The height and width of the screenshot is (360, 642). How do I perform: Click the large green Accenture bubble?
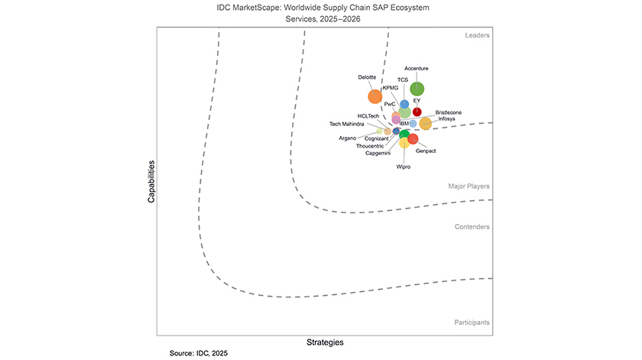[417, 89]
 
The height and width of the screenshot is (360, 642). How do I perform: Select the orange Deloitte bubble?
[375, 96]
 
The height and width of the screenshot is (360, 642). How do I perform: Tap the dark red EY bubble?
[417, 112]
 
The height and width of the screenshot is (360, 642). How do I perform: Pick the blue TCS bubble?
[404, 104]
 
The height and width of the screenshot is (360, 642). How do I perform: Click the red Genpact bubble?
[413, 138]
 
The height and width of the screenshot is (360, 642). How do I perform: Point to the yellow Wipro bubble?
[404, 143]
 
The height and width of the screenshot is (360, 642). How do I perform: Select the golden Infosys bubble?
[425, 124]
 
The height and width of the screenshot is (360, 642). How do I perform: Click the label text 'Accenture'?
[417, 69]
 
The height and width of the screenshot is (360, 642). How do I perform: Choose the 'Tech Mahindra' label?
[347, 124]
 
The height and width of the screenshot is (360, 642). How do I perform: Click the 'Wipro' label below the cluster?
[404, 166]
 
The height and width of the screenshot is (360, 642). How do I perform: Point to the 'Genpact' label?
[426, 151]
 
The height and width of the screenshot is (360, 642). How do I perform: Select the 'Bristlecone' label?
[449, 112]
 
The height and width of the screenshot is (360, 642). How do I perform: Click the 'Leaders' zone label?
[477, 35]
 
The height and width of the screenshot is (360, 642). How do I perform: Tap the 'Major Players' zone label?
[469, 186]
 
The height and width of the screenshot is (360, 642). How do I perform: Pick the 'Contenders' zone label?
[473, 226]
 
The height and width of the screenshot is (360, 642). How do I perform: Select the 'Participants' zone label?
[472, 323]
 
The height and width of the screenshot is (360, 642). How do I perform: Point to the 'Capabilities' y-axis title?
[151, 181]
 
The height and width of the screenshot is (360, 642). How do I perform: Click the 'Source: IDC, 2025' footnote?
[198, 353]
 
